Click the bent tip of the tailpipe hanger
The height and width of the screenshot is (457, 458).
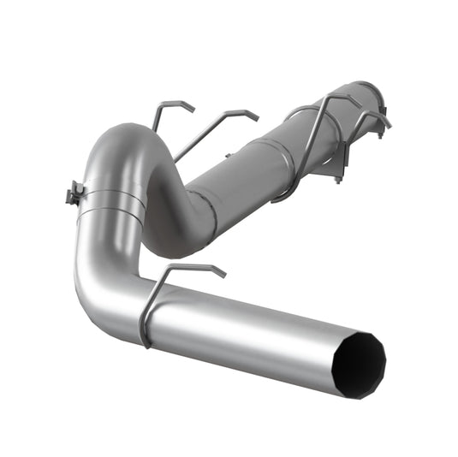click(218, 272)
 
